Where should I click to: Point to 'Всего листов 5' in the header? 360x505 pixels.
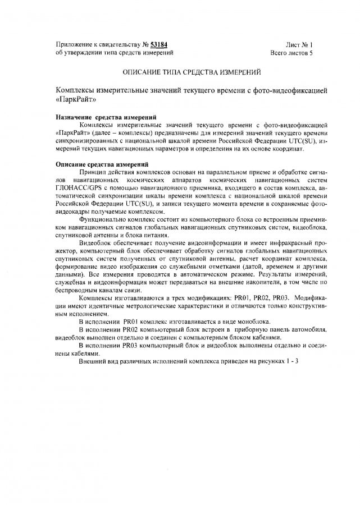pyautogui.click(x=291, y=53)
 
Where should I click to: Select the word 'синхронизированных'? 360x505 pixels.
pyautogui.click(x=89, y=140)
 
